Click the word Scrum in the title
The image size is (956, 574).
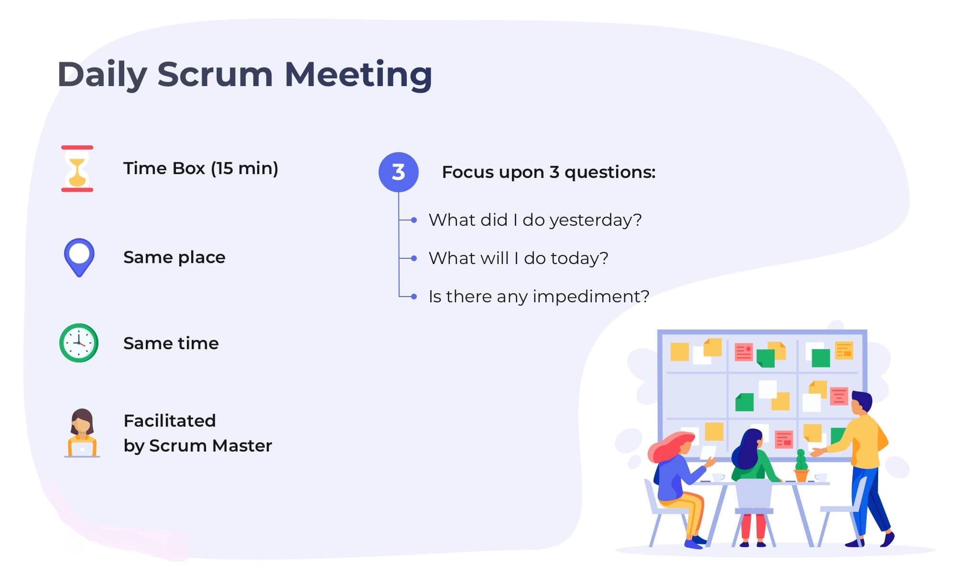click(215, 74)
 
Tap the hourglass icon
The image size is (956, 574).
click(77, 169)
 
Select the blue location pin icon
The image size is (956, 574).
click(79, 257)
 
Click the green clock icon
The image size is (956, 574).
click(79, 343)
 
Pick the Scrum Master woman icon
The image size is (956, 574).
click(82, 433)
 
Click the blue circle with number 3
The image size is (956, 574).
click(398, 172)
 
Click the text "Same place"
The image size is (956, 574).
click(174, 258)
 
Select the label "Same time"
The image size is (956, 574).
click(171, 343)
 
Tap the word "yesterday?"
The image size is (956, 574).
click(596, 221)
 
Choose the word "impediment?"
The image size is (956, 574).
click(591, 297)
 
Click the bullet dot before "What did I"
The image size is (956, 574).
click(414, 220)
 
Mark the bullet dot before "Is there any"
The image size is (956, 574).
click(414, 297)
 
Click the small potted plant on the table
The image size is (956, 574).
click(801, 466)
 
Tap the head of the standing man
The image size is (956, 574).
click(861, 405)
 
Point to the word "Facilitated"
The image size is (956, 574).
click(170, 421)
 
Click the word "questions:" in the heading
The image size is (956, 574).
click(610, 173)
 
